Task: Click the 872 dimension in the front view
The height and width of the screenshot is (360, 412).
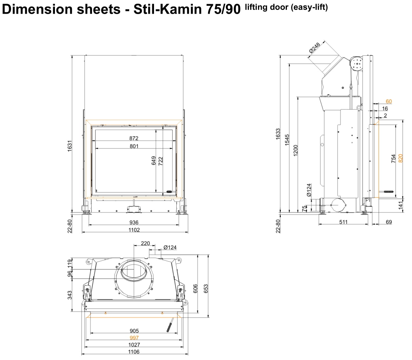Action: click(x=133, y=138)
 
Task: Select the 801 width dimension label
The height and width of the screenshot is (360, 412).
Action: click(x=133, y=146)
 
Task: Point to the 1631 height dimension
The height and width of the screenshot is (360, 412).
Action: click(x=70, y=145)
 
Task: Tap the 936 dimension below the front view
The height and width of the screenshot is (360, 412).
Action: click(x=134, y=222)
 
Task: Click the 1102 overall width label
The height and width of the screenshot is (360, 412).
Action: click(x=134, y=230)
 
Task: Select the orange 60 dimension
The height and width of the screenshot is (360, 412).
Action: click(x=388, y=101)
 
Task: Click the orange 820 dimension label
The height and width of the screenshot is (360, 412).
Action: click(x=400, y=157)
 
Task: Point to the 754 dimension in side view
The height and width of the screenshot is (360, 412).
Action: click(x=393, y=158)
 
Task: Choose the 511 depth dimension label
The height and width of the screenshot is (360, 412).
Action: click(x=343, y=222)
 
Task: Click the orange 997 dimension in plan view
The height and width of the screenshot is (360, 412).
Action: click(x=134, y=338)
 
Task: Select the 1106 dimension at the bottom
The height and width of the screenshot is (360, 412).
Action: click(x=134, y=352)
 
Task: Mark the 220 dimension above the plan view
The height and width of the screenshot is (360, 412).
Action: click(x=145, y=243)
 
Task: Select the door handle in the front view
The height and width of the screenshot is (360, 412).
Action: click(x=169, y=191)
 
